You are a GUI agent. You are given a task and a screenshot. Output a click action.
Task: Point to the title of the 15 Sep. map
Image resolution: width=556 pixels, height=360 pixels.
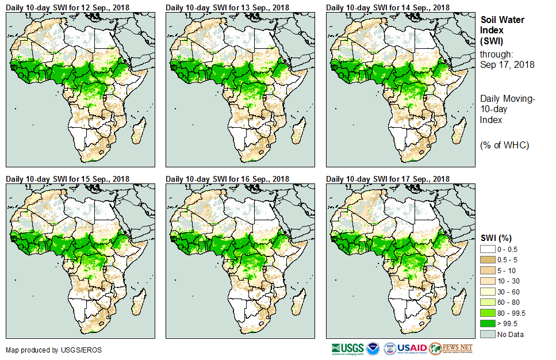pyautogui.click(x=68, y=179)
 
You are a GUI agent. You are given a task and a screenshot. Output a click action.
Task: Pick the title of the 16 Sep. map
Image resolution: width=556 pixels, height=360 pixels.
pyautogui.click(x=228, y=179)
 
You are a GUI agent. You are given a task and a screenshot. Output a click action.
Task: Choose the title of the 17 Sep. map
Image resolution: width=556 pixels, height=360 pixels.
pyautogui.click(x=388, y=179)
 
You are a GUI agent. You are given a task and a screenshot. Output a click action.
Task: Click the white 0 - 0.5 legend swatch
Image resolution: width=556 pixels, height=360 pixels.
pyautogui.click(x=487, y=248)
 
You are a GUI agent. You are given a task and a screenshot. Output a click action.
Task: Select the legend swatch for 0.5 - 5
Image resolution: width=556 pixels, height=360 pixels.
pyautogui.click(x=487, y=259)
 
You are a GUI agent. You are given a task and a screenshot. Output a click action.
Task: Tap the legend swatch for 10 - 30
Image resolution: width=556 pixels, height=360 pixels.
pyautogui.click(x=487, y=281)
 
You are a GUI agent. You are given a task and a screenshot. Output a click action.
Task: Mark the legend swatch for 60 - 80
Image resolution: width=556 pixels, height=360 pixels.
pyautogui.click(x=487, y=302)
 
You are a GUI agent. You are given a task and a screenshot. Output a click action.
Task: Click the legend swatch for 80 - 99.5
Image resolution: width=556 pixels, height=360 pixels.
pyautogui.click(x=487, y=313)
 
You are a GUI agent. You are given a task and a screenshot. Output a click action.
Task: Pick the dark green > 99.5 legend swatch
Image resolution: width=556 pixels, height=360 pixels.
pyautogui.click(x=487, y=324)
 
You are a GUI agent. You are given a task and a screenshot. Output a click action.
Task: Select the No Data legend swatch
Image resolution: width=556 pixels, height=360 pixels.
pyautogui.click(x=487, y=335)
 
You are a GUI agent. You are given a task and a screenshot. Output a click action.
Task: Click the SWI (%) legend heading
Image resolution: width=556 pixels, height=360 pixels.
pyautogui.click(x=496, y=238)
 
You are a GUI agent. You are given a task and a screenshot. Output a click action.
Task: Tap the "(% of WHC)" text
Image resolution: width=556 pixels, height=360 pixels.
pyautogui.click(x=504, y=145)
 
